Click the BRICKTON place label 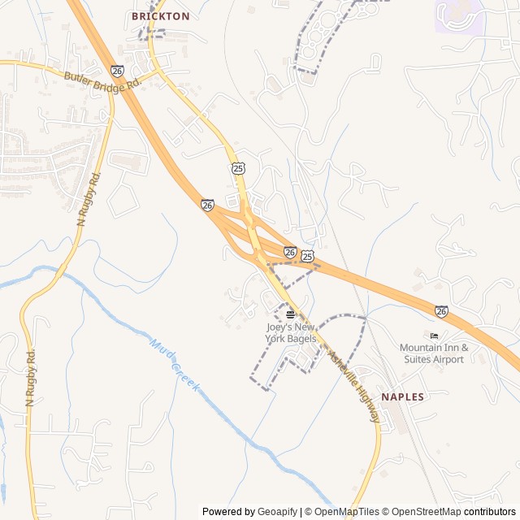tap(161, 16)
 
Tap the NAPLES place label tap(402, 396)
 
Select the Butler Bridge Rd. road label tap(104, 79)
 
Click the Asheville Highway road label tap(353, 385)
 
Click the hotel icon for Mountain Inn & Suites tap(434, 336)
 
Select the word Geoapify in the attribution tap(277, 512)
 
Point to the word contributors tap(490, 512)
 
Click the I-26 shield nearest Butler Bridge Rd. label tap(118, 71)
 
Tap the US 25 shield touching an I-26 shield tap(307, 256)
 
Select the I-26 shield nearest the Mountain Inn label tap(440, 311)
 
